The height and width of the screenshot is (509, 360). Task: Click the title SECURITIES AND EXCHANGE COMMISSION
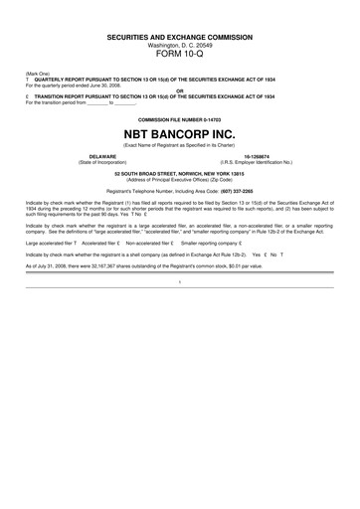[180, 36]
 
